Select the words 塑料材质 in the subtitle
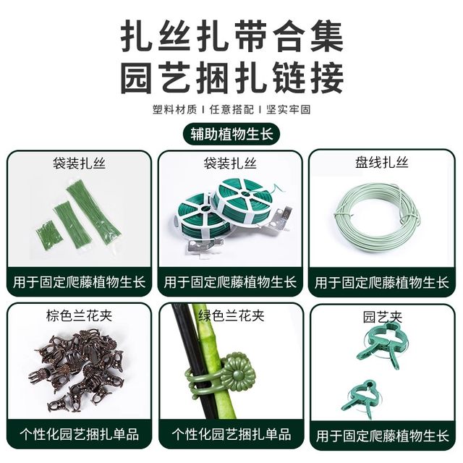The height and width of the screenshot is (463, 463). pos(174,110)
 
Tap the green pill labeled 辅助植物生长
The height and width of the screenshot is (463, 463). pos(231,135)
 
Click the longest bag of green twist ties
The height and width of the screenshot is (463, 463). pos(94,211)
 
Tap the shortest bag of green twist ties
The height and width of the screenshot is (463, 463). pos(48,235)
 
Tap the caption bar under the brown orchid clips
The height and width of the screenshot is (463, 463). pos(80,435)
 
